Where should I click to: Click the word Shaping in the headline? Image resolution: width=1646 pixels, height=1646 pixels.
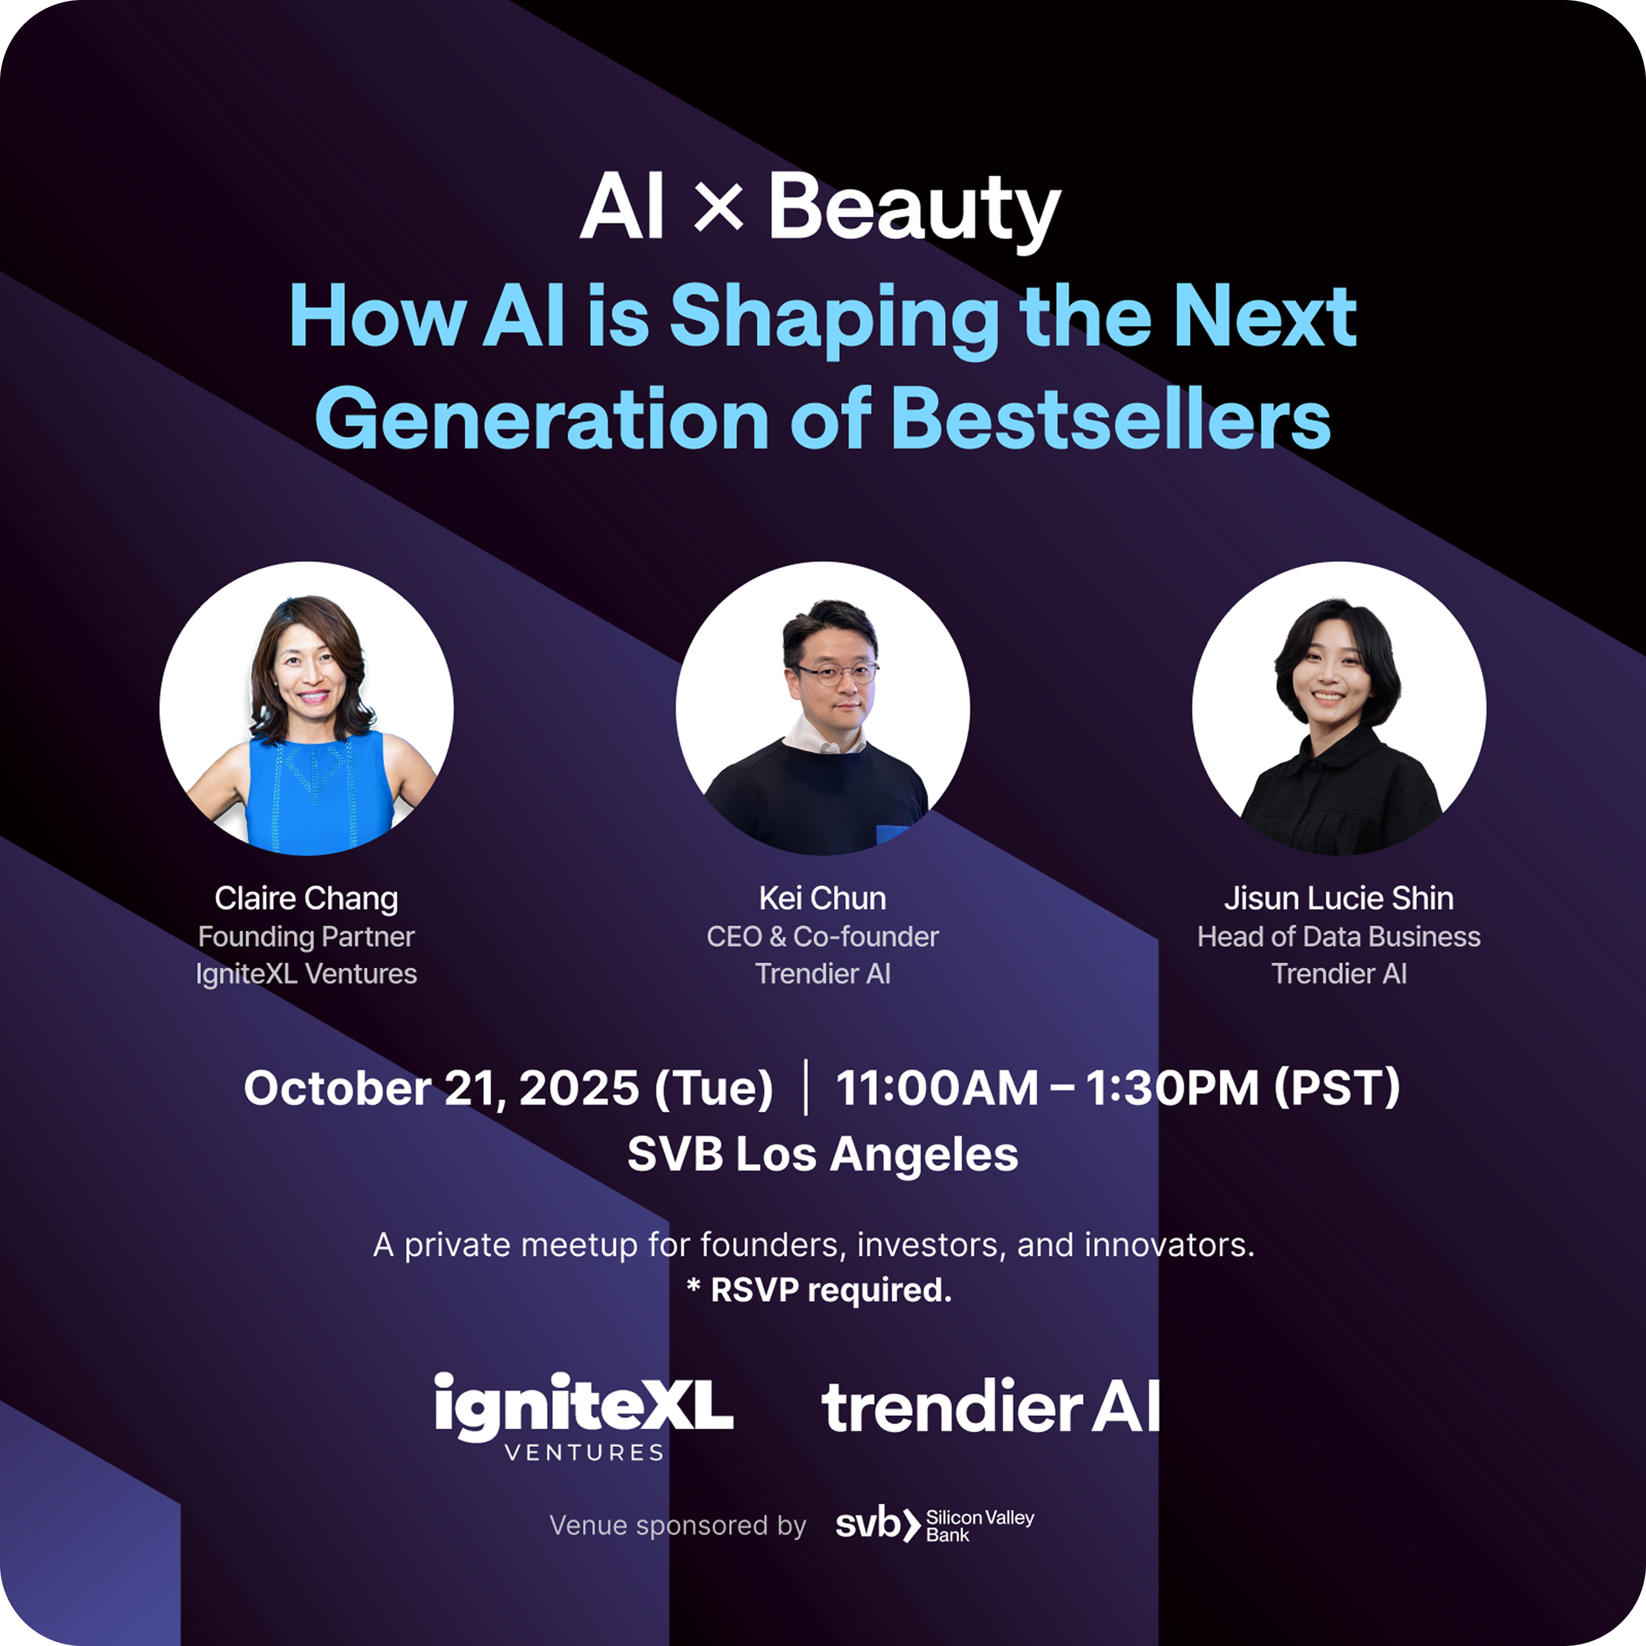tap(835, 319)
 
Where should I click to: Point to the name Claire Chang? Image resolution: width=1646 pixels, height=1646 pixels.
tap(306, 898)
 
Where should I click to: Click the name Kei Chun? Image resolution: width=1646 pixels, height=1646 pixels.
tap(822, 898)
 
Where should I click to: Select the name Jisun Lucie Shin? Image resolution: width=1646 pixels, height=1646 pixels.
tap(1338, 898)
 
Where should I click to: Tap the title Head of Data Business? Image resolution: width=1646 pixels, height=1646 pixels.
tap(1338, 936)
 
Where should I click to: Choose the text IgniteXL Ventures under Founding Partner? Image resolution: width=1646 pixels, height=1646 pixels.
tap(306, 974)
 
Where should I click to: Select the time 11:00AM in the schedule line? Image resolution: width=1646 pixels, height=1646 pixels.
tap(937, 1088)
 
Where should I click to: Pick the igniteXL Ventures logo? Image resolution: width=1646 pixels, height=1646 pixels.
tap(584, 1417)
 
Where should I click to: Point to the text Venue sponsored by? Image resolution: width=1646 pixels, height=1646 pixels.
tap(677, 1525)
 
